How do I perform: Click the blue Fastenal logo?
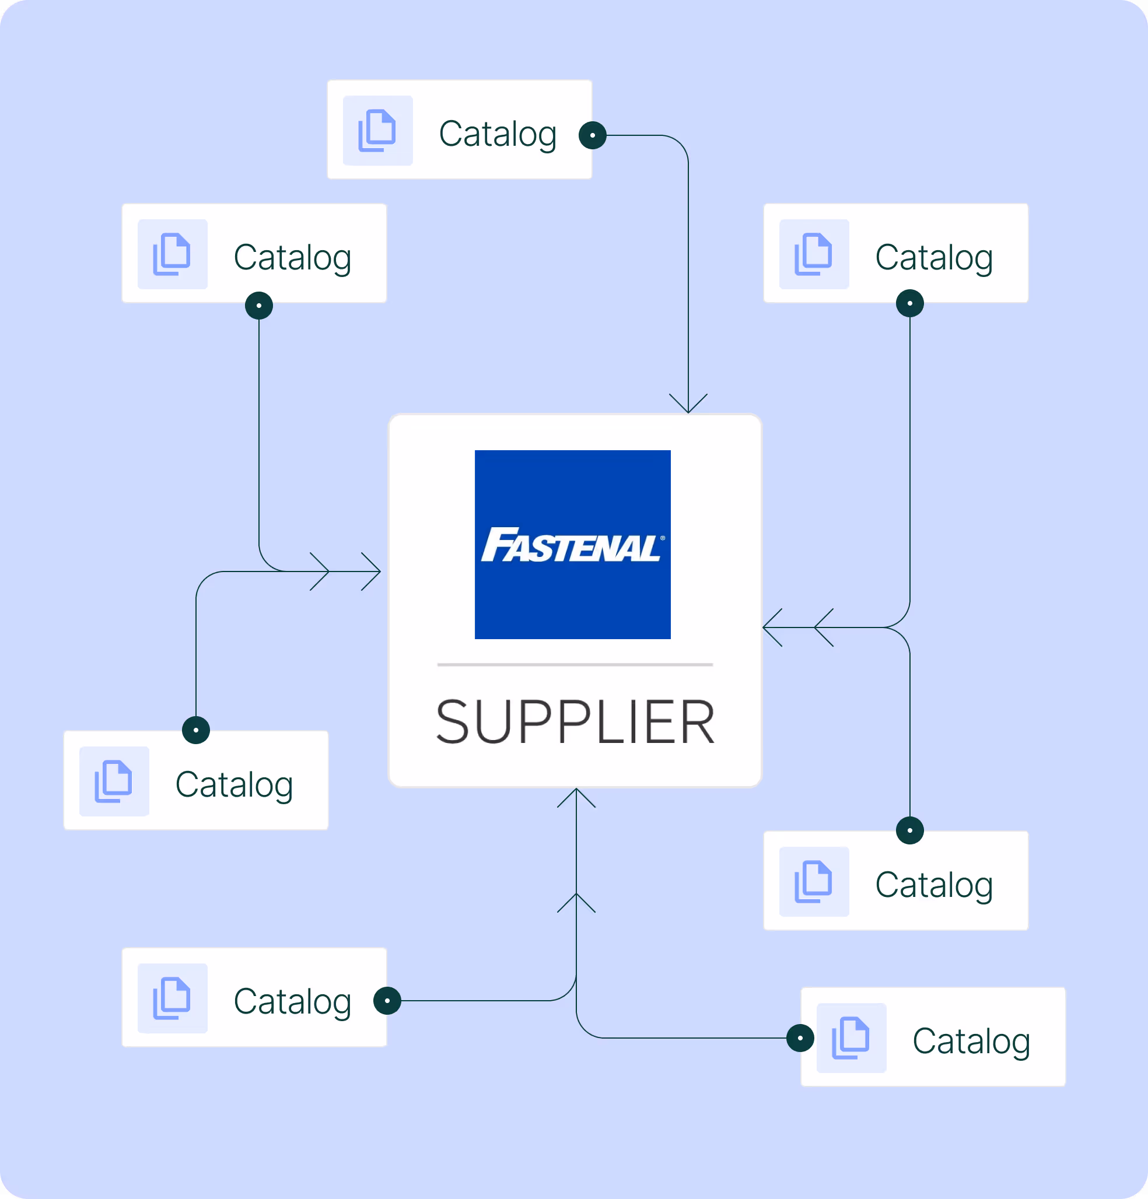pos(572,545)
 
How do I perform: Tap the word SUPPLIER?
pos(575,723)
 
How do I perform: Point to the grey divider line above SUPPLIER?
pos(575,664)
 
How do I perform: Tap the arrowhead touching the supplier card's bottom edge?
pos(576,797)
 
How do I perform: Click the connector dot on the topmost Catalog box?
pos(592,135)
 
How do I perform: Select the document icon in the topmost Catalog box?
pos(377,130)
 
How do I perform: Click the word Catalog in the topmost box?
pos(498,134)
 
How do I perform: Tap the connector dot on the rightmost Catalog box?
pos(800,1038)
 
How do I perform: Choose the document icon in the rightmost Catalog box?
pos(850,1038)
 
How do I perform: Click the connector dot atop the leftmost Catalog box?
pos(196,730)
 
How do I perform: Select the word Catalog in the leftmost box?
pos(234,785)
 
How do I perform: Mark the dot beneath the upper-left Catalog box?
pos(259,305)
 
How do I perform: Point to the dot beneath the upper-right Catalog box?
pos(909,303)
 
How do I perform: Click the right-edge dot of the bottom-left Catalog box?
pos(387,1001)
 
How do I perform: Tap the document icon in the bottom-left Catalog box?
pos(172,998)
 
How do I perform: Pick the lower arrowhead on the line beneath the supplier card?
pos(576,902)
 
